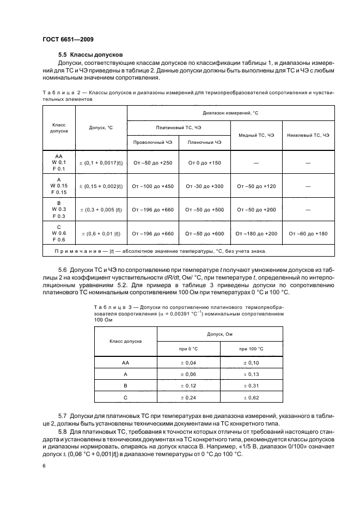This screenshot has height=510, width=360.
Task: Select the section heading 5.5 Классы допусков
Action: (x=90, y=54)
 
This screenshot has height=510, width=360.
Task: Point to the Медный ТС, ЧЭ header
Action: (x=256, y=135)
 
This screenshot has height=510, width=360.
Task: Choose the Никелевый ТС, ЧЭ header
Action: (x=308, y=135)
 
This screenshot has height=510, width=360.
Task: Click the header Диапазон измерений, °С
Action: (x=230, y=112)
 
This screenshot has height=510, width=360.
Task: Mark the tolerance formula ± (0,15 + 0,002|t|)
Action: (x=101, y=186)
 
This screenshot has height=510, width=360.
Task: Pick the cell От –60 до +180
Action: (x=308, y=233)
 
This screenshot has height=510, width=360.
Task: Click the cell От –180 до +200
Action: (x=256, y=233)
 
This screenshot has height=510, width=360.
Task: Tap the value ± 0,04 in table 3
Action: (x=188, y=362)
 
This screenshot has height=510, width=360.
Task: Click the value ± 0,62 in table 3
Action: (x=251, y=398)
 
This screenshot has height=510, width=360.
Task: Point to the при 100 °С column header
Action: (x=251, y=348)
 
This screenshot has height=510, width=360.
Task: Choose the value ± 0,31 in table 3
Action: (x=251, y=386)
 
